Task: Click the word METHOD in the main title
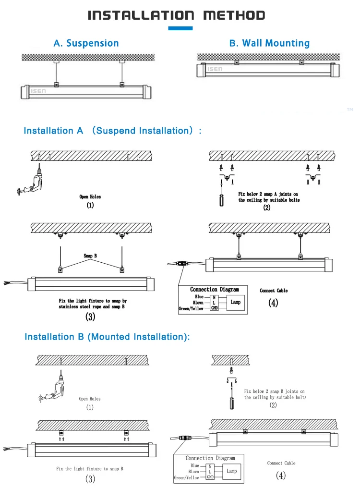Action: click(234, 15)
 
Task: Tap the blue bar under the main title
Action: click(180, 28)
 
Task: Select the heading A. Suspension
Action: click(86, 43)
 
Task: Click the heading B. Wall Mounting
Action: click(269, 43)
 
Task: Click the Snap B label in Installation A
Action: click(90, 256)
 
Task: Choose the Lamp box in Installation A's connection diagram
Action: click(235, 303)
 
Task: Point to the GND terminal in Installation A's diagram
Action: click(214, 308)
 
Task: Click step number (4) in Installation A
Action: click(274, 304)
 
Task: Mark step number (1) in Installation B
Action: click(90, 407)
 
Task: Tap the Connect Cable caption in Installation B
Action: click(281, 463)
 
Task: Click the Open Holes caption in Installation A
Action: click(90, 196)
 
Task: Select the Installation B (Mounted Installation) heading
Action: click(107, 337)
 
